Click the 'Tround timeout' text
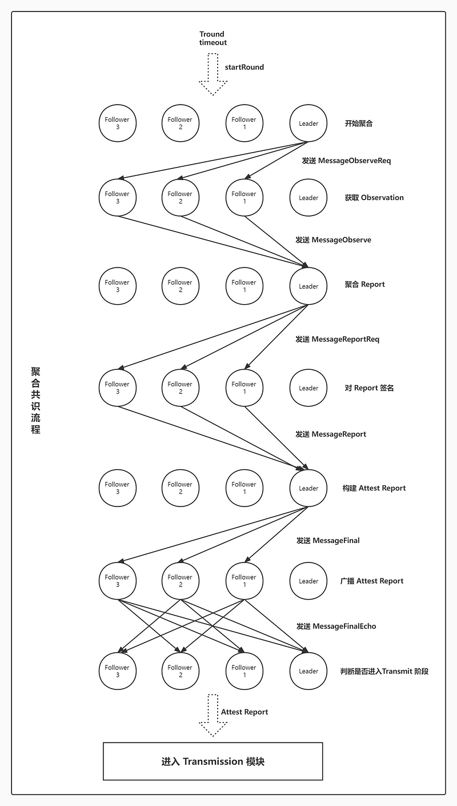213,38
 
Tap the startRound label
244,67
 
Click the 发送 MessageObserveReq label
346,161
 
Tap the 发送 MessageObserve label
333,240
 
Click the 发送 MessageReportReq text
337,339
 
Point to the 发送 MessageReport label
331,434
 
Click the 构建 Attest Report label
374,488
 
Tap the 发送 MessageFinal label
328,540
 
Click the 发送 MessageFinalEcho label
336,626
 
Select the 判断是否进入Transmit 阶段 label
384,671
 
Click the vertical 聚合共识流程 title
35,401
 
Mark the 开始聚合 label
359,123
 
